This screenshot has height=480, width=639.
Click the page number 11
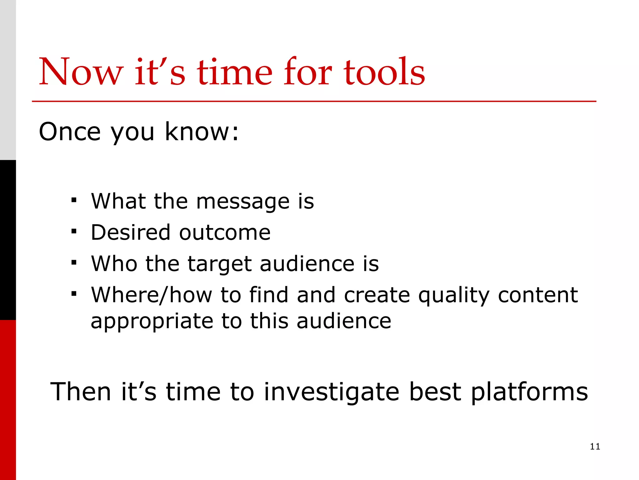coord(595,447)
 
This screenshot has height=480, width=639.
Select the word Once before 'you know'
coord(70,132)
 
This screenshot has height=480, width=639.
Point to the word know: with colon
coord(201,132)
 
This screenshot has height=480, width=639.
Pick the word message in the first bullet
coord(243,202)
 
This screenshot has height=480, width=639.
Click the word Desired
coord(131,232)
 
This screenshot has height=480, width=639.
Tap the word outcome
coord(225,233)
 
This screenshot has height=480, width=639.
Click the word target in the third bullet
coord(219,264)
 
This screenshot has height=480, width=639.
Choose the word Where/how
coord(152,295)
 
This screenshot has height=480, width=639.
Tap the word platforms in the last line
coord(529,392)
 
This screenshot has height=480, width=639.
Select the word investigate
coord(331,392)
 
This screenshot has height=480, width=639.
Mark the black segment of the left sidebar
coord(8,240)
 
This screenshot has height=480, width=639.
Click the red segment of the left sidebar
coord(8,400)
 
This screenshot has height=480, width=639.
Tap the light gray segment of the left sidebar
coord(8,80)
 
